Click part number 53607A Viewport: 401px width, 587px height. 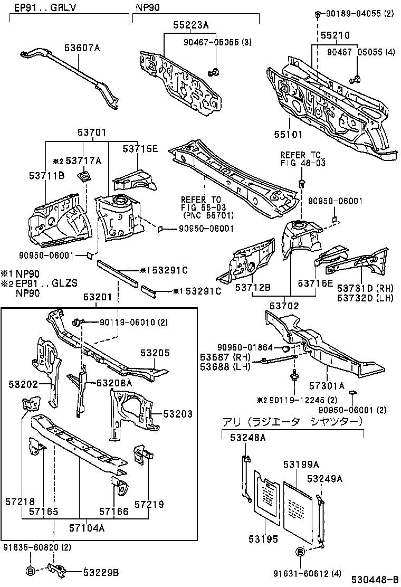click(x=82, y=48)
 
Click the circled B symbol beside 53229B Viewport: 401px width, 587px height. click(x=30, y=571)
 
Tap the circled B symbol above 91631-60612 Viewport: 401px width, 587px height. click(x=299, y=552)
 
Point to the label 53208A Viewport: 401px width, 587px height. click(x=114, y=382)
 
